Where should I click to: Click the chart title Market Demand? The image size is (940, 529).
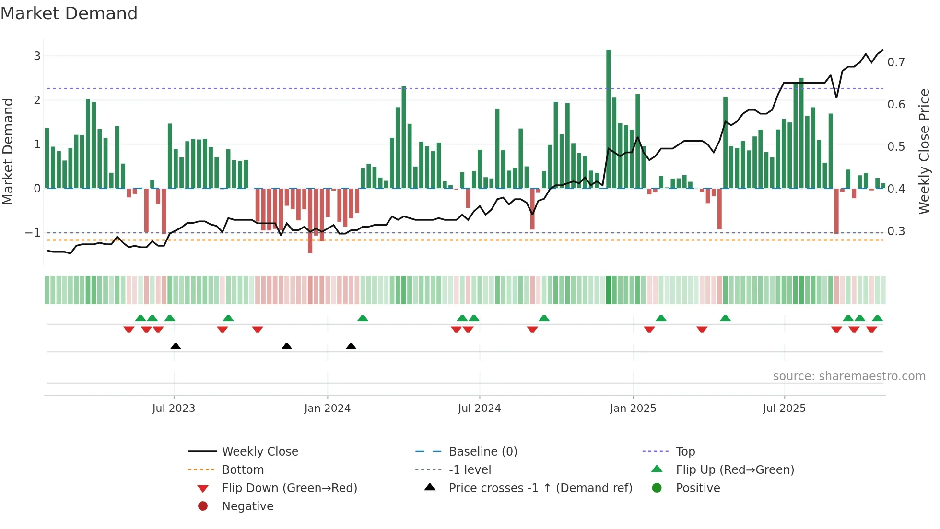[69, 13]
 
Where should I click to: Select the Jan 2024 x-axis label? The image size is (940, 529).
[327, 409]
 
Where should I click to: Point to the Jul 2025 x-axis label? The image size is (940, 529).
[784, 409]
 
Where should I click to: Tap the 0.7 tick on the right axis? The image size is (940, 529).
[896, 62]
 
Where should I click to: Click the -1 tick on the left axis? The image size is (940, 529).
[33, 233]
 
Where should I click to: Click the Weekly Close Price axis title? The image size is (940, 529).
[924, 151]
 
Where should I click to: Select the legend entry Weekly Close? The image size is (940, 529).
[259, 452]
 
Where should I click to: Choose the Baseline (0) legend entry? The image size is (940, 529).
[482, 452]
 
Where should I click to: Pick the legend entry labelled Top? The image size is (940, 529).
[685, 452]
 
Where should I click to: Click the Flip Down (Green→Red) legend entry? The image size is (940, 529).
[289, 488]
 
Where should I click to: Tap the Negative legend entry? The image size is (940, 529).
[247, 506]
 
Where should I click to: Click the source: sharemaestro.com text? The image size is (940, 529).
[849, 376]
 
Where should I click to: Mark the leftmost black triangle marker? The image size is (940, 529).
[176, 346]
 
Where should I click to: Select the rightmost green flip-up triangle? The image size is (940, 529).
[877, 318]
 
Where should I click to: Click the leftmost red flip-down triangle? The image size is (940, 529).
[129, 329]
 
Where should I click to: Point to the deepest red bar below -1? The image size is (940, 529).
[310, 221]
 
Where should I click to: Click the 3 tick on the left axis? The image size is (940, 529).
[37, 56]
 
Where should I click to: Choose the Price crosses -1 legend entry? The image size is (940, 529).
[540, 488]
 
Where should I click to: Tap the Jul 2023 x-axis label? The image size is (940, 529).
[174, 409]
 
